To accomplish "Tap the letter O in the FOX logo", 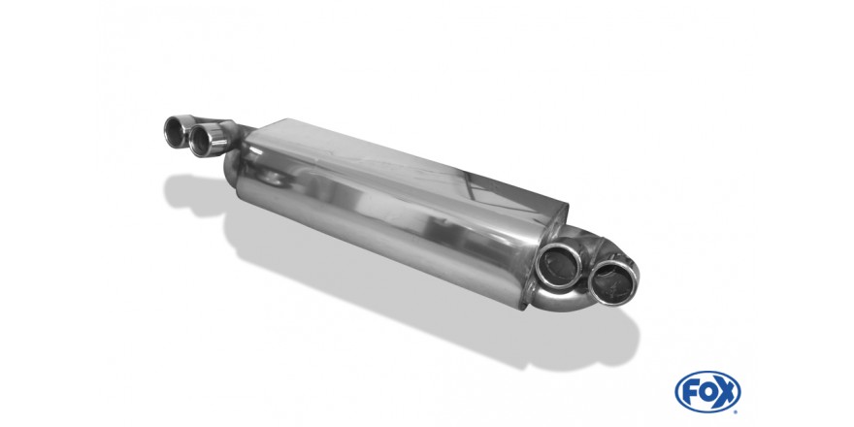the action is [x=707, y=392].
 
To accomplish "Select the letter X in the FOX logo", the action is [x=726, y=392].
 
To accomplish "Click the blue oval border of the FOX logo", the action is [x=707, y=373].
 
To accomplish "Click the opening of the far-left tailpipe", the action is [x=175, y=132].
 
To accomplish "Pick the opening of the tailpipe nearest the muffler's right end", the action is [x=559, y=266].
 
